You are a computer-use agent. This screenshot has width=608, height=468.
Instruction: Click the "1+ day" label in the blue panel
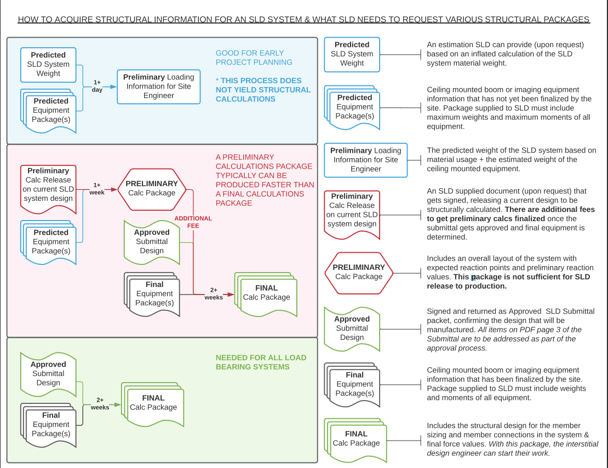click(x=97, y=86)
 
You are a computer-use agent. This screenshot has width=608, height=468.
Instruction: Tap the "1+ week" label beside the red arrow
click(x=97, y=189)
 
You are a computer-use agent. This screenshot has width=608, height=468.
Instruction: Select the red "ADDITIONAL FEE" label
click(x=193, y=222)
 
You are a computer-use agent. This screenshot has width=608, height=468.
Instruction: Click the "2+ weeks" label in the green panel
click(x=100, y=404)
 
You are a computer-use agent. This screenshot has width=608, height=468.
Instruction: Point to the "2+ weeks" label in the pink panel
click(x=214, y=294)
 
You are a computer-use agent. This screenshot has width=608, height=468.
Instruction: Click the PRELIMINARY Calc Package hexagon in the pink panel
click(x=152, y=188)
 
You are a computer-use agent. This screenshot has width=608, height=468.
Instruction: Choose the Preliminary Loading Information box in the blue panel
click(x=158, y=86)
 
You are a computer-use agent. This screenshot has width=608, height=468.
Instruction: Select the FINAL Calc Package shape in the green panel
click(x=153, y=403)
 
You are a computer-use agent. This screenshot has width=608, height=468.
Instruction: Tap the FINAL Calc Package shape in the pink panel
click(x=266, y=293)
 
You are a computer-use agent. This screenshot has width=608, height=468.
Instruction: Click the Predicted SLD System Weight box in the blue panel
click(x=48, y=65)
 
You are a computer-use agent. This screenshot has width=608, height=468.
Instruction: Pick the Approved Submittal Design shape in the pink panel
click(x=152, y=241)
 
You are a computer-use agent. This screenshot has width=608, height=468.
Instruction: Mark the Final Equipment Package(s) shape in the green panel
click(x=50, y=424)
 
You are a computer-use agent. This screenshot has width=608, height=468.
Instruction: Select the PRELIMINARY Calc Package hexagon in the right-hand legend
click(x=359, y=272)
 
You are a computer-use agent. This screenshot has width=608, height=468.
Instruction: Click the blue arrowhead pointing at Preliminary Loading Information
click(x=113, y=86)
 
